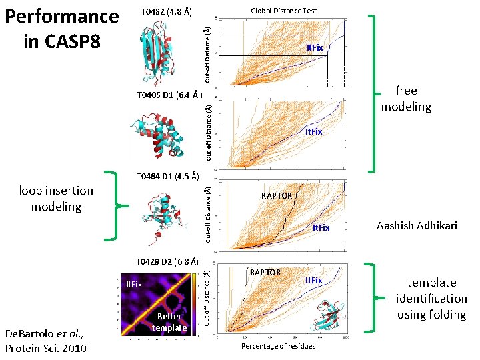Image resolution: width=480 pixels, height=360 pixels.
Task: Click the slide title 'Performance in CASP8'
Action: pos(61,29)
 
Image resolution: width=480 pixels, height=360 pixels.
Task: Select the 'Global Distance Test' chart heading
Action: pos(283,11)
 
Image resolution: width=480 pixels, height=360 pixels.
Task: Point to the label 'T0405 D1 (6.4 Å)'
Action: pos(169,95)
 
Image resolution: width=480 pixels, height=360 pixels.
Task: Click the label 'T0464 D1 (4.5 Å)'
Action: pos(167,177)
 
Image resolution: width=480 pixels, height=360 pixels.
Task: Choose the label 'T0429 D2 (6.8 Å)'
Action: pos(167,261)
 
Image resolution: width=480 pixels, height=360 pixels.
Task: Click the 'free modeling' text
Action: pos(405,99)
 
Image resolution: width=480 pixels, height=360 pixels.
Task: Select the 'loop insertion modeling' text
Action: pos(56,199)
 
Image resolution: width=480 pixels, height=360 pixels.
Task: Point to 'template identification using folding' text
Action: pos(431,298)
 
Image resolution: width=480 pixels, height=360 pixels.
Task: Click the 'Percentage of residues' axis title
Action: pos(278,347)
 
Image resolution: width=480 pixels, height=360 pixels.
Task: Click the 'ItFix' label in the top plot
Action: pos(315,48)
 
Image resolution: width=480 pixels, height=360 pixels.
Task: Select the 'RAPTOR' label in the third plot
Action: pos(276,195)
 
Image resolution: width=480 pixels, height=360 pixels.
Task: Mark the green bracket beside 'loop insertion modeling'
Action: pos(111,205)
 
